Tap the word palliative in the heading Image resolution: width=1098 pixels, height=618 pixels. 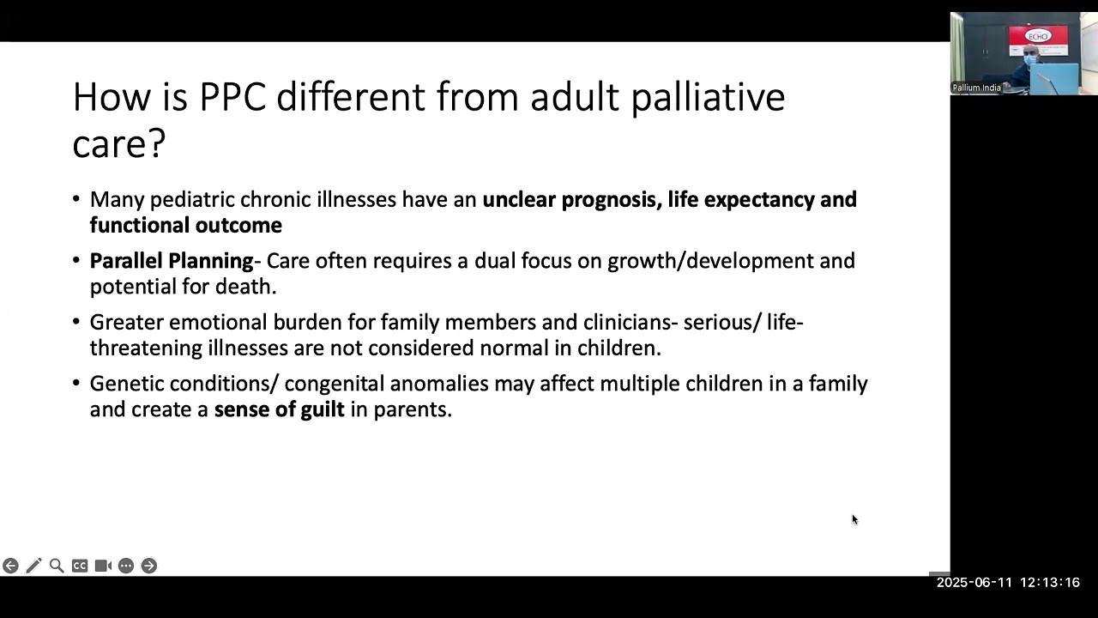point(708,97)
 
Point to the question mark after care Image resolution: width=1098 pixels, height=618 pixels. point(157,143)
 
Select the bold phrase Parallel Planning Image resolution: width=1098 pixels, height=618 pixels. point(172,261)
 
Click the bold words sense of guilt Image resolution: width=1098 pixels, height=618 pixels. point(279,409)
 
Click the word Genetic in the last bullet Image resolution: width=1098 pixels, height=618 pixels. point(126,384)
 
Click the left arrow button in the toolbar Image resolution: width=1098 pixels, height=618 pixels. point(10,566)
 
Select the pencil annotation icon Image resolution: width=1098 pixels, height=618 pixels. point(33,566)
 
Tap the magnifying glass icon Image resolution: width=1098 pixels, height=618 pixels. point(57,566)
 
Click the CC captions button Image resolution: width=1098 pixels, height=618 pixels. point(80,566)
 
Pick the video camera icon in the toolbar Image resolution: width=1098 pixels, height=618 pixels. point(103,566)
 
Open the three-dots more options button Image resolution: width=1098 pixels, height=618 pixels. point(126,566)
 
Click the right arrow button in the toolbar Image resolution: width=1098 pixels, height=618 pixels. point(149,566)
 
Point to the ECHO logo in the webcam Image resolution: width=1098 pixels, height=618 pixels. point(1039,36)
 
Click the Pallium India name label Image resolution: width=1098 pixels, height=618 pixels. point(976,88)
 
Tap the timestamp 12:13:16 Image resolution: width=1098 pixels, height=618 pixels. point(1049,583)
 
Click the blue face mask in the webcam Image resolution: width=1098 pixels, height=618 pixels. point(1031,59)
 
